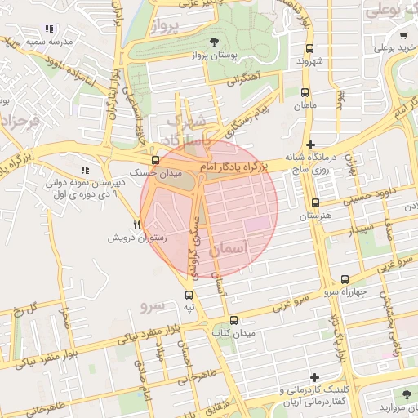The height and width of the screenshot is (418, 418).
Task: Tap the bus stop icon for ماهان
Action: click(x=305, y=92)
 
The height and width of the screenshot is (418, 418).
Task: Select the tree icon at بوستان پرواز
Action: click(x=214, y=41)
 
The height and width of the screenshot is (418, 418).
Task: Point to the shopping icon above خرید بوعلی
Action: click(x=403, y=35)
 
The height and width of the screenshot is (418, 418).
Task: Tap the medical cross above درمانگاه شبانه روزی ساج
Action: click(x=309, y=144)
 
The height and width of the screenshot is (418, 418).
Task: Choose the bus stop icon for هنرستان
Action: click(x=315, y=202)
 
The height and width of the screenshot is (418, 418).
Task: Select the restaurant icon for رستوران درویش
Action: click(x=137, y=225)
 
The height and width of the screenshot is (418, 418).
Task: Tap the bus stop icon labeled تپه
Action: click(x=189, y=295)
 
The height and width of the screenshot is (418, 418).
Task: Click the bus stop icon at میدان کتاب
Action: click(x=234, y=320)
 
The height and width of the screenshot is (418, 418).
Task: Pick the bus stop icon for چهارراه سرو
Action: click(x=345, y=279)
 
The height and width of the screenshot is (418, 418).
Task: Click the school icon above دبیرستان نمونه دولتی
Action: click(x=85, y=170)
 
